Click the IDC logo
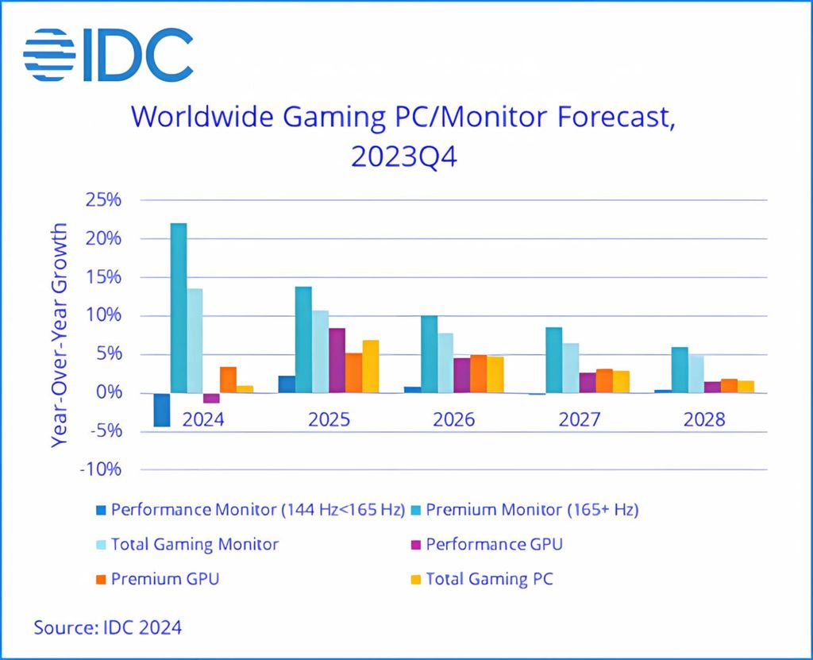[108, 56]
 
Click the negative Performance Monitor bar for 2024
[162, 410]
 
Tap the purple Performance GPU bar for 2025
[337, 361]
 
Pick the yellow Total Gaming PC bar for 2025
[370, 366]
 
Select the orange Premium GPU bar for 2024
[228, 380]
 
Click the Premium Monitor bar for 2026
[429, 354]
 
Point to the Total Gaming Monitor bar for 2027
[571, 368]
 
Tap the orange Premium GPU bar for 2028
[729, 386]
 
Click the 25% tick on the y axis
[105, 200]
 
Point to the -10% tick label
[101, 469]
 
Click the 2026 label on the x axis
[454, 419]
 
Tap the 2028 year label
[704, 419]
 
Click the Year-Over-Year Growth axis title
[60, 335]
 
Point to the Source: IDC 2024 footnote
[107, 627]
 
